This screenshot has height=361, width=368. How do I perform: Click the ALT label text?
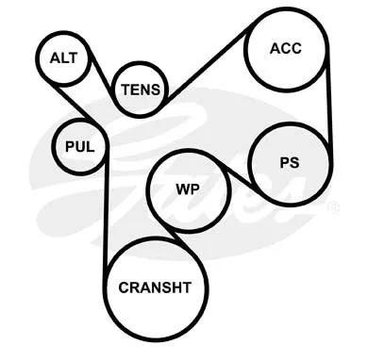(x=63, y=58)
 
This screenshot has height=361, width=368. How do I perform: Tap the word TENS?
(x=141, y=90)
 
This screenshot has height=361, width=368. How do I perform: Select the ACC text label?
(x=286, y=48)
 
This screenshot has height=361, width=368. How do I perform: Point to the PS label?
(x=290, y=163)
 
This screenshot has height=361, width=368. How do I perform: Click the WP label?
(x=188, y=189)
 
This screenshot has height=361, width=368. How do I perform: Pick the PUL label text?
(x=80, y=147)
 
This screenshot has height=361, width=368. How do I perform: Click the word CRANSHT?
(x=155, y=287)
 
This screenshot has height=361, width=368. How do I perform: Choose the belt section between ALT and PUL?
(x=77, y=104)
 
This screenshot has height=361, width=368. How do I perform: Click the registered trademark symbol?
(x=333, y=208)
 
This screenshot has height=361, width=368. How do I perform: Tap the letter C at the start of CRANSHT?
(x=124, y=287)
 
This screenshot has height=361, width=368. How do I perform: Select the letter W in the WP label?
(x=183, y=189)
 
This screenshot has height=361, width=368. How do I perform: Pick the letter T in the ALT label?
(x=74, y=58)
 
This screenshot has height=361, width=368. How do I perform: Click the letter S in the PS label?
(x=294, y=163)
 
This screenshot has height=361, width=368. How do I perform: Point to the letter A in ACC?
(x=275, y=48)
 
